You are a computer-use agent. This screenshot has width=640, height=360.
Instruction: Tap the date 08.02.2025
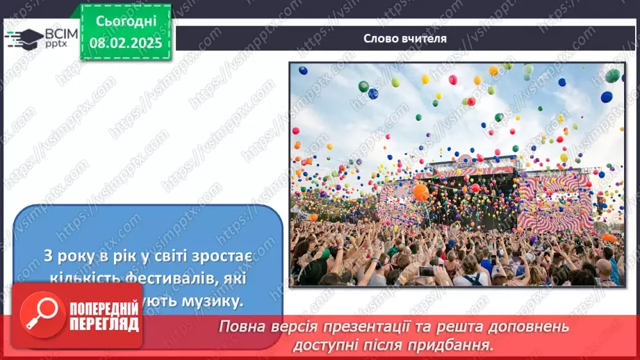tap(125, 42)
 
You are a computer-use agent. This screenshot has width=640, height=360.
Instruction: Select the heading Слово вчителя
tap(405, 39)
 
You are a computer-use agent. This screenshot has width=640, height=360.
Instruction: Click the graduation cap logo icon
tap(24, 38)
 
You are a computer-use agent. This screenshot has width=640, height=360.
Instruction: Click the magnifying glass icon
tap(39, 313)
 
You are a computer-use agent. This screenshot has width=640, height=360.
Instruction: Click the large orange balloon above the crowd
tap(420, 191)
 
